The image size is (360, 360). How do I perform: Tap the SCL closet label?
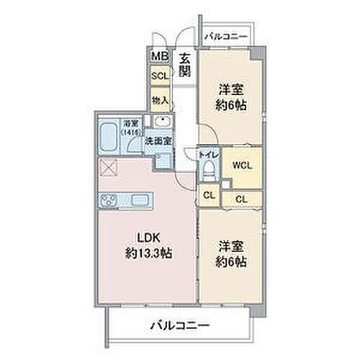pos(158,74)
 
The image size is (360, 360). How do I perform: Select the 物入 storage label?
pos(158,99)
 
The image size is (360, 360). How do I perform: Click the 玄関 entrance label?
pos(184,65)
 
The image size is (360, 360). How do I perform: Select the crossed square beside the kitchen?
pos(110,168)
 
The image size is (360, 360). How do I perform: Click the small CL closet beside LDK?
pos(208,194)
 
